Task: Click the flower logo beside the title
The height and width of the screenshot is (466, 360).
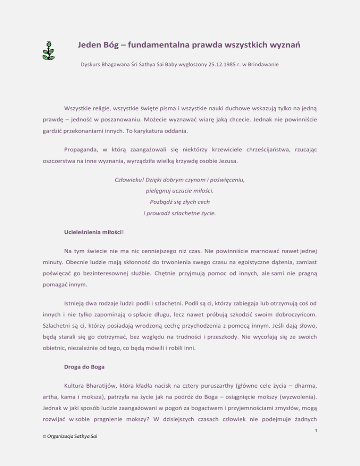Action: pyautogui.click(x=48, y=50)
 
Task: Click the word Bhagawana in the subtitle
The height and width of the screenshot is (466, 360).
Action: pyautogui.click(x=115, y=74)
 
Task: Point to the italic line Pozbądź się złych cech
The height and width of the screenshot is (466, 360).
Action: pyautogui.click(x=180, y=202)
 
